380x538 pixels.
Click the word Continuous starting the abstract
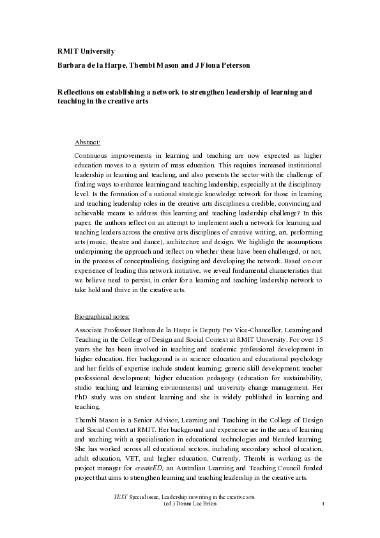pyautogui.click(x=95, y=156)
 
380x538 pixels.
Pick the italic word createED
pyautogui.click(x=160, y=468)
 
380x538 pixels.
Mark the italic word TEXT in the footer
pyautogui.click(x=119, y=496)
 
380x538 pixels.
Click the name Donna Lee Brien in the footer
pyautogui.click(x=204, y=503)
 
